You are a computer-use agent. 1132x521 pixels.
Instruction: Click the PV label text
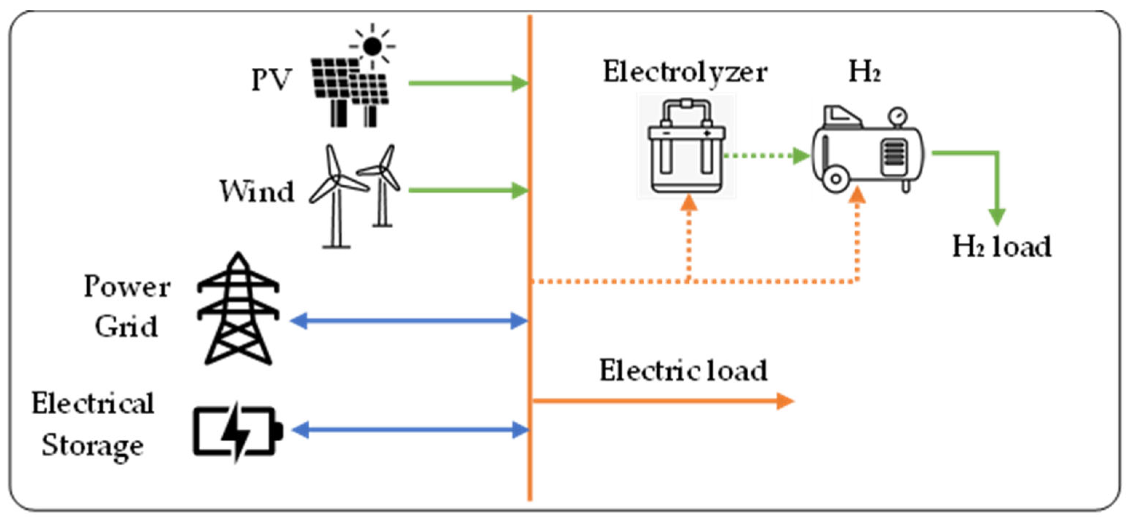pyautogui.click(x=271, y=80)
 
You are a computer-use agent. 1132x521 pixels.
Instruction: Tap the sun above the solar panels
pyautogui.click(x=372, y=46)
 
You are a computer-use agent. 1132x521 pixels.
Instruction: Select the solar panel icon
pyautogui.click(x=349, y=90)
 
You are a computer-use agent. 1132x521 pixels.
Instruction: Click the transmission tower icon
pyautogui.click(x=238, y=310)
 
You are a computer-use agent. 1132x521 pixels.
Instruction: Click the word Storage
pyautogui.click(x=93, y=445)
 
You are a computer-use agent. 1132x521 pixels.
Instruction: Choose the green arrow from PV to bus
pyautogui.click(x=468, y=83)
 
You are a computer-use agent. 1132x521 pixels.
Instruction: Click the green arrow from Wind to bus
pyautogui.click(x=468, y=190)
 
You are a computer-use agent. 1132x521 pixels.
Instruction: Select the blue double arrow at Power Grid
pyautogui.click(x=409, y=321)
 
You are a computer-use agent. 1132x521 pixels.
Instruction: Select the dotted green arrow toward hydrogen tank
pyautogui.click(x=767, y=155)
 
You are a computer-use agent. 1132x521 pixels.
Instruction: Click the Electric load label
pyautogui.click(x=683, y=370)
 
